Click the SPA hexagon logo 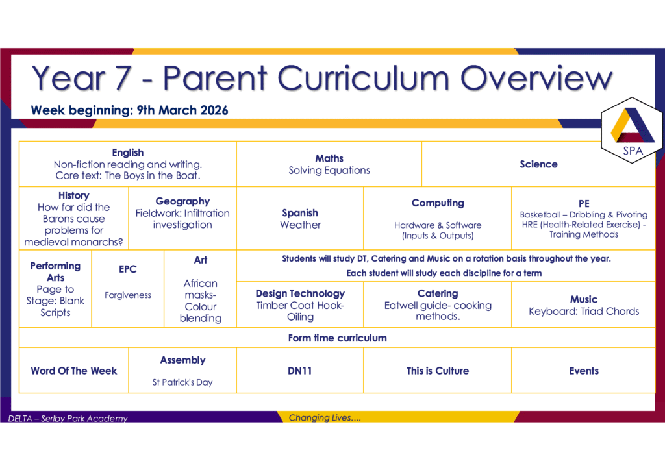[632, 130]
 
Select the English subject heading [128, 153]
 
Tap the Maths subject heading [329, 158]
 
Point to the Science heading [538, 164]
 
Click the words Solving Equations [329, 170]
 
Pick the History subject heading [74, 195]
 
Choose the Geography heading [182, 201]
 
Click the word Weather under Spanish [300, 225]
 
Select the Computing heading [438, 203]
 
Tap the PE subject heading [584, 204]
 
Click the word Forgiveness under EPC [128, 295]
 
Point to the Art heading [201, 260]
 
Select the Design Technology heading [300, 293]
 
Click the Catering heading [438, 293]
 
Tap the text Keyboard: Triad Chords [584, 311]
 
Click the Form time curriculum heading [337, 338]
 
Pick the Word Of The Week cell [74, 371]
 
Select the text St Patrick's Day [182, 382]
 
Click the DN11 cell [300, 371]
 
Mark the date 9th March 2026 [182, 110]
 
